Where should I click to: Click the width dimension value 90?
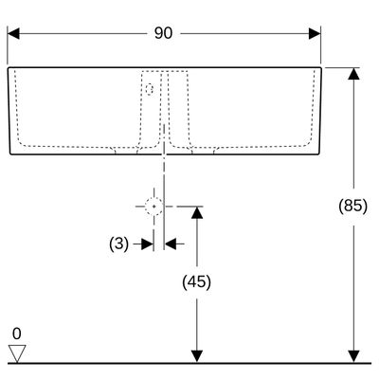click(163, 33)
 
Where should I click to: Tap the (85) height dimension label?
click(353, 207)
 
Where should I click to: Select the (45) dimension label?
click(196, 282)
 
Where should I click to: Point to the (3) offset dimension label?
click(119, 244)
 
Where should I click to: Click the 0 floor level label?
click(17, 334)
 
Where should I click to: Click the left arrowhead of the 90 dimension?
click(13, 33)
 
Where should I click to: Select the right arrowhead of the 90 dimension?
click(315, 33)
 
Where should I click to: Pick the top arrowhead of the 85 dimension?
click(353, 74)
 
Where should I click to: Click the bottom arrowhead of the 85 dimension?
click(353, 356)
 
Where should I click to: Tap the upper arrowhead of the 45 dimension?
click(197, 212)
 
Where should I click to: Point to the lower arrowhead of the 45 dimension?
click(197, 356)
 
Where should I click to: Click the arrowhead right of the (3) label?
click(147, 244)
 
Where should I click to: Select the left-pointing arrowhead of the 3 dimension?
click(171, 244)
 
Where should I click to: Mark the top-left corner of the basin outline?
click(8, 67)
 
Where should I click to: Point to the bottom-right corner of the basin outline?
click(319, 154)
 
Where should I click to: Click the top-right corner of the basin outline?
click(321, 67)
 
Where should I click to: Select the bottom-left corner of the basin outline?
click(10, 154)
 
